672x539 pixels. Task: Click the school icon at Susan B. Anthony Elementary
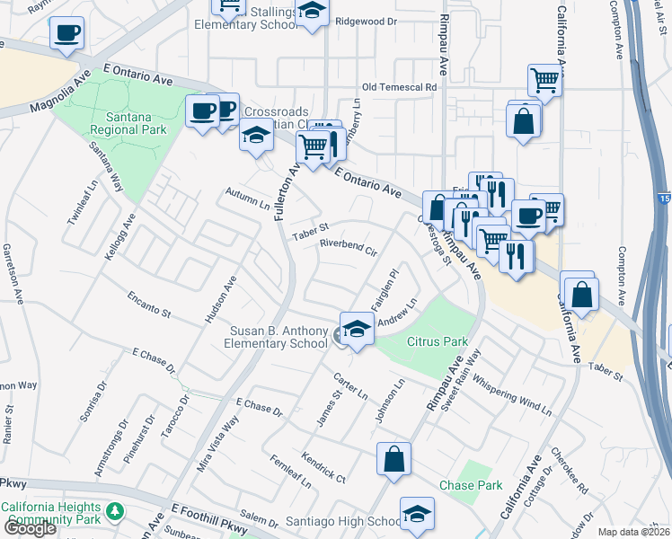357,330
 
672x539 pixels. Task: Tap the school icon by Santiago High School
417,514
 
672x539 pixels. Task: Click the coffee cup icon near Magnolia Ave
66,34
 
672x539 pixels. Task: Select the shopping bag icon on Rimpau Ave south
393,459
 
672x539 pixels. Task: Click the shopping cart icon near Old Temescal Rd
544,81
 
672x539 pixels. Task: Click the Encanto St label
148,305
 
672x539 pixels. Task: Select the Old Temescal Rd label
399,87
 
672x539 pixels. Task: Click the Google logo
30,528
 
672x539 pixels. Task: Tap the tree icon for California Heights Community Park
114,512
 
